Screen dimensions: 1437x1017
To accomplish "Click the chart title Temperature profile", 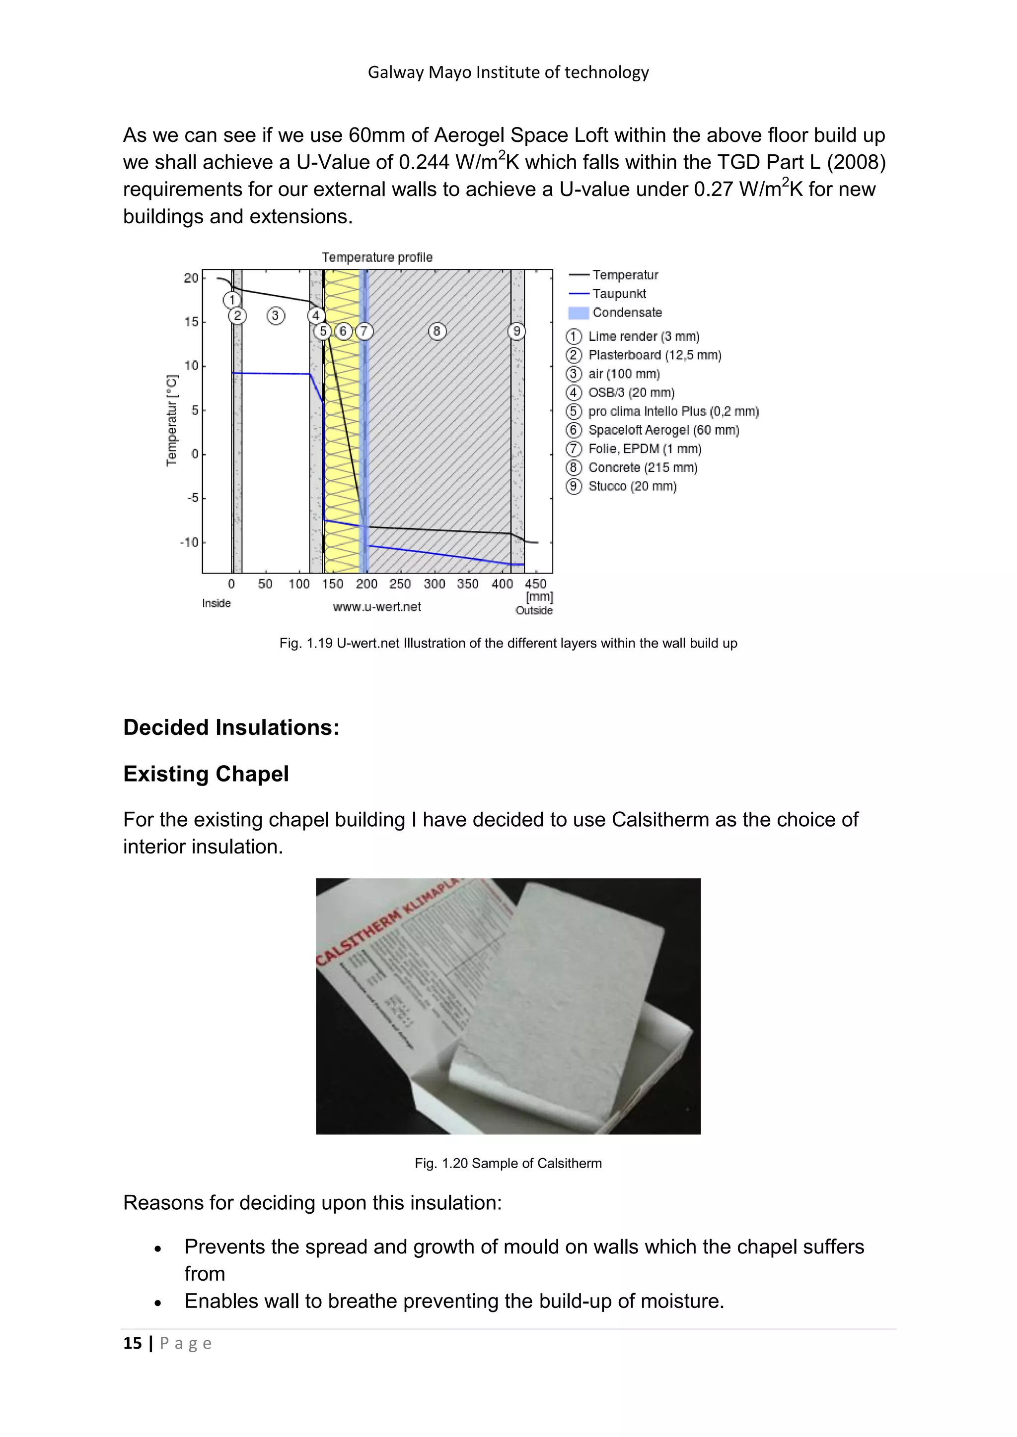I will coord(377,257).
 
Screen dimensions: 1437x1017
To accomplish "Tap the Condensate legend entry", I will coord(626,312).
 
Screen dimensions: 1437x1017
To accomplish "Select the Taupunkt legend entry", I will coord(619,294).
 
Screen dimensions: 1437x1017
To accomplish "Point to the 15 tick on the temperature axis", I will coord(191,322).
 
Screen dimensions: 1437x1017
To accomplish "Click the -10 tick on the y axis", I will coord(189,542).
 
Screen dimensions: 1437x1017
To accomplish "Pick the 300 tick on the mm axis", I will coord(434,584).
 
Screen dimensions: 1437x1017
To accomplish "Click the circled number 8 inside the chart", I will coord(437,331).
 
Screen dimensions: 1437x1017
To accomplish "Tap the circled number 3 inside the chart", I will coord(276,316).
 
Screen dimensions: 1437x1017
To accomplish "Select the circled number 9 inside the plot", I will coord(516,331).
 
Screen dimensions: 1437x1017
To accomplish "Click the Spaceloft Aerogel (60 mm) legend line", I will coord(663,430).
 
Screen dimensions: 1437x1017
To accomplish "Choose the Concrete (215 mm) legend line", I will coord(643,467).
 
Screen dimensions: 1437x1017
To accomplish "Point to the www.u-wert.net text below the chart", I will coord(377,606).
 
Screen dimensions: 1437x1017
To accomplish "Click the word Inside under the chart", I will coord(216,603).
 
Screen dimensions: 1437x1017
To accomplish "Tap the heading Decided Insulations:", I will coord(231,727).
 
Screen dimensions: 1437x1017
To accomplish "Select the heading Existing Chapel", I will coord(206,774).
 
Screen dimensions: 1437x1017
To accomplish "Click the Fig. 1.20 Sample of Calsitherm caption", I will coord(508,1164).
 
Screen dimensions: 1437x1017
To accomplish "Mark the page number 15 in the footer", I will coord(133,1344).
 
